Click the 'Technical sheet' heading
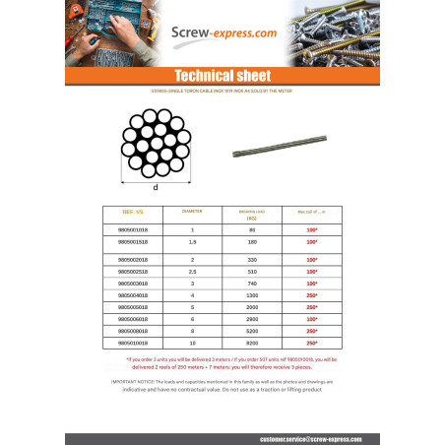point(222,76)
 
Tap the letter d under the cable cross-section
point(156,187)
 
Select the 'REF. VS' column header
point(133,212)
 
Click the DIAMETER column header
point(192,212)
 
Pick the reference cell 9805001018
point(133,229)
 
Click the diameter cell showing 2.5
point(193,270)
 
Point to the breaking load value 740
point(251,283)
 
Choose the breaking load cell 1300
point(251,294)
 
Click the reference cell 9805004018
point(133,294)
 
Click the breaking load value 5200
point(251,331)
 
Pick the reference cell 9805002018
point(133,258)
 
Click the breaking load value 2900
point(251,319)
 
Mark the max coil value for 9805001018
point(308,229)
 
